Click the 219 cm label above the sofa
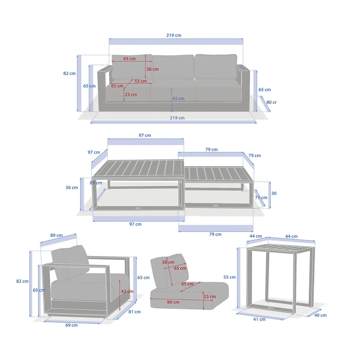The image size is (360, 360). (x=173, y=35)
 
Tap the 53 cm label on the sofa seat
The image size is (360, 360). (x=141, y=81)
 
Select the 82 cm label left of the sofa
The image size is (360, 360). (x=69, y=74)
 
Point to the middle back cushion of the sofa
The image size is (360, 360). (x=173, y=67)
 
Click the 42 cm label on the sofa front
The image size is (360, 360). (x=178, y=98)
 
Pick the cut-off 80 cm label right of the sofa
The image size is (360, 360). (x=271, y=102)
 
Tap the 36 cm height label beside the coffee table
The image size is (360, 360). (x=72, y=187)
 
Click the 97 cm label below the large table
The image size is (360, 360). (x=135, y=224)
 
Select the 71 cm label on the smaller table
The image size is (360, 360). (x=261, y=198)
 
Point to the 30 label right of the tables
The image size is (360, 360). (x=274, y=193)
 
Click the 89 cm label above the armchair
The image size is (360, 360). (x=56, y=235)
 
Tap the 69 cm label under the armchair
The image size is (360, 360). (x=71, y=325)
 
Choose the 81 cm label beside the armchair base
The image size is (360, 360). (x=135, y=312)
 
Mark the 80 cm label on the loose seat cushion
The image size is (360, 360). (x=173, y=302)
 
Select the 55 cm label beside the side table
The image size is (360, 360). (x=230, y=277)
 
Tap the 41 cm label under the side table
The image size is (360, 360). (x=259, y=319)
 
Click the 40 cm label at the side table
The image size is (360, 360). (x=320, y=315)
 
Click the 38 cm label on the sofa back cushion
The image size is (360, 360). (x=152, y=69)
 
